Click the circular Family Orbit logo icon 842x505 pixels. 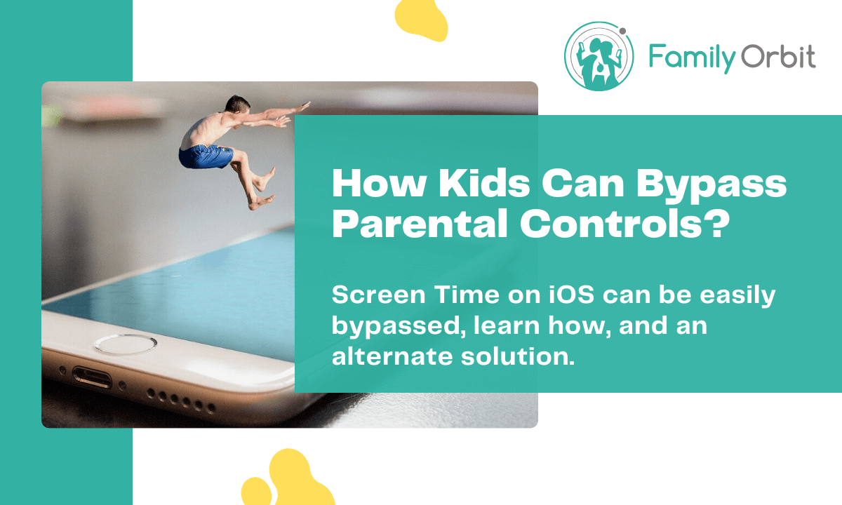click(599, 56)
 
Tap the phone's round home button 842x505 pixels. click(126, 344)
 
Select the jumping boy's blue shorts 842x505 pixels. click(205, 155)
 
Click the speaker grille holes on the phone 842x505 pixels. click(175, 400)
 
